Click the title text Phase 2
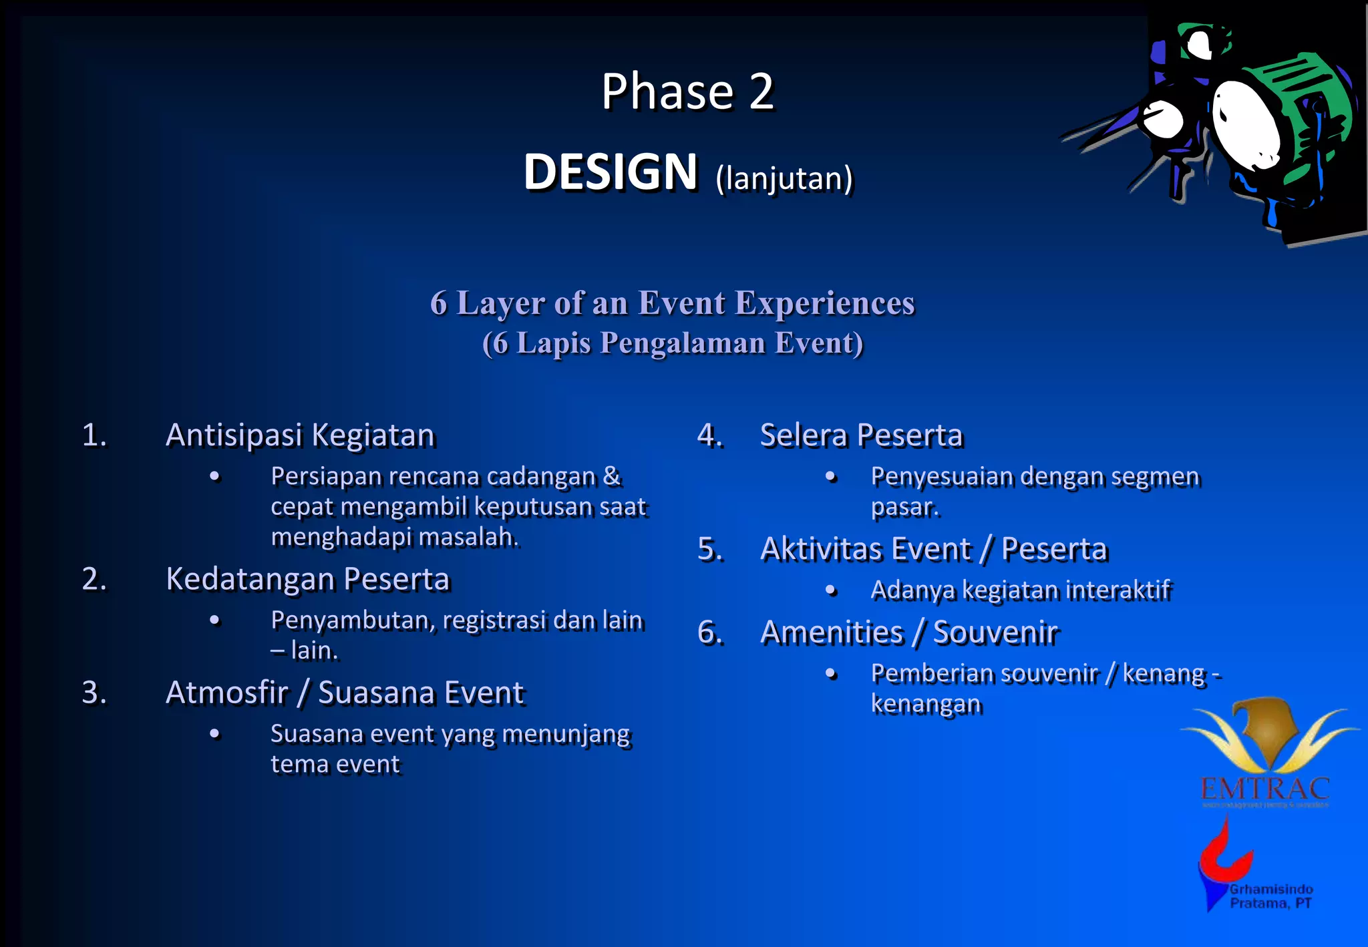pyautogui.click(x=687, y=91)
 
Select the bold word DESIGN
pyautogui.click(x=610, y=172)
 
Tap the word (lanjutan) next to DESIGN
pyautogui.click(x=784, y=178)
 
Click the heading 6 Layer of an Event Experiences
pyautogui.click(x=672, y=303)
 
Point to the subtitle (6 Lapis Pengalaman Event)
pyautogui.click(x=673, y=343)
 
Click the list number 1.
pyautogui.click(x=94, y=435)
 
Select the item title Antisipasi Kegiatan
pyautogui.click(x=300, y=435)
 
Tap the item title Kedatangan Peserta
pyautogui.click(x=307, y=579)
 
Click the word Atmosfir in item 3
pyautogui.click(x=226, y=693)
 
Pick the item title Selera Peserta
pyautogui.click(x=861, y=435)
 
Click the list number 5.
pyautogui.click(x=710, y=550)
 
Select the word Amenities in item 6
pyautogui.click(x=832, y=632)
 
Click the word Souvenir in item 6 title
pyautogui.click(x=995, y=632)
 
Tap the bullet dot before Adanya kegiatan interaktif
pyautogui.click(x=831, y=590)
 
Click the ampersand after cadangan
pyautogui.click(x=611, y=476)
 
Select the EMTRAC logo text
pyautogui.click(x=1264, y=789)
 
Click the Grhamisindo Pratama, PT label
pyautogui.click(x=1270, y=896)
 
